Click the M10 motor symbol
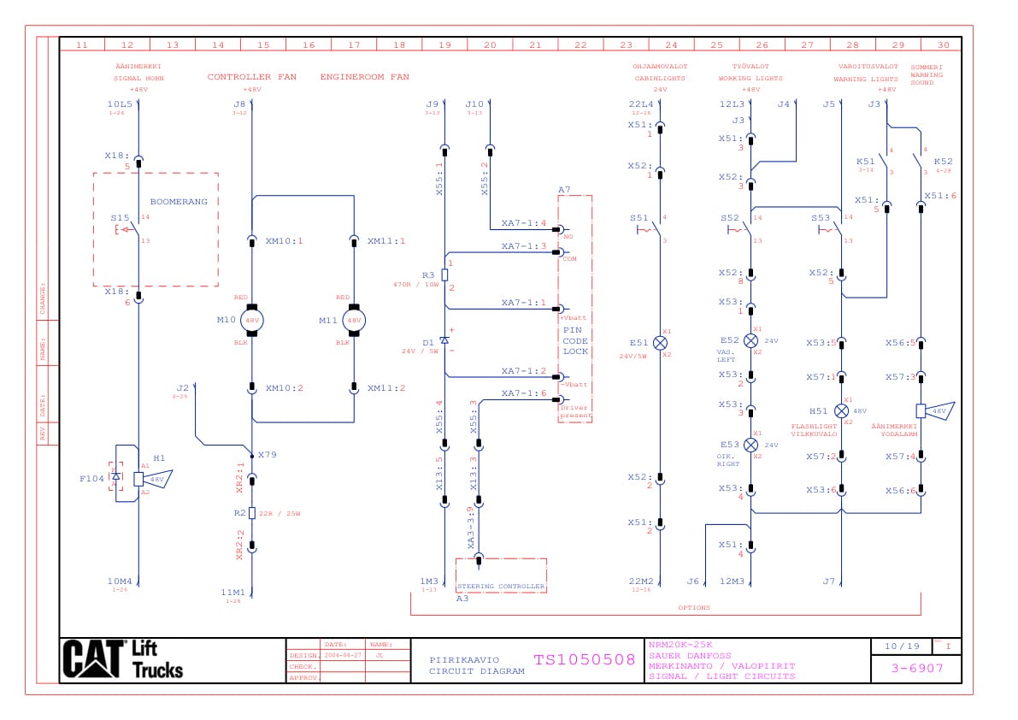point(252,320)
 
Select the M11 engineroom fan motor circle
point(354,320)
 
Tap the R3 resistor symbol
point(444,275)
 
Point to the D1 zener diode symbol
point(444,340)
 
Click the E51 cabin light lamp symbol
point(660,342)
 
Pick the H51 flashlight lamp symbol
point(841,410)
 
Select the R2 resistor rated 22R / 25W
point(252,513)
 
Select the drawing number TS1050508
point(585,659)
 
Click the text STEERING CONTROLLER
point(502,587)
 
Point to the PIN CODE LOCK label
point(575,340)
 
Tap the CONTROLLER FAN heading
point(251,77)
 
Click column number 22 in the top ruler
point(580,44)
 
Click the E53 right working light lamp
point(750,445)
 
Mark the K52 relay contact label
point(943,161)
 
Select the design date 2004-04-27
point(342,656)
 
